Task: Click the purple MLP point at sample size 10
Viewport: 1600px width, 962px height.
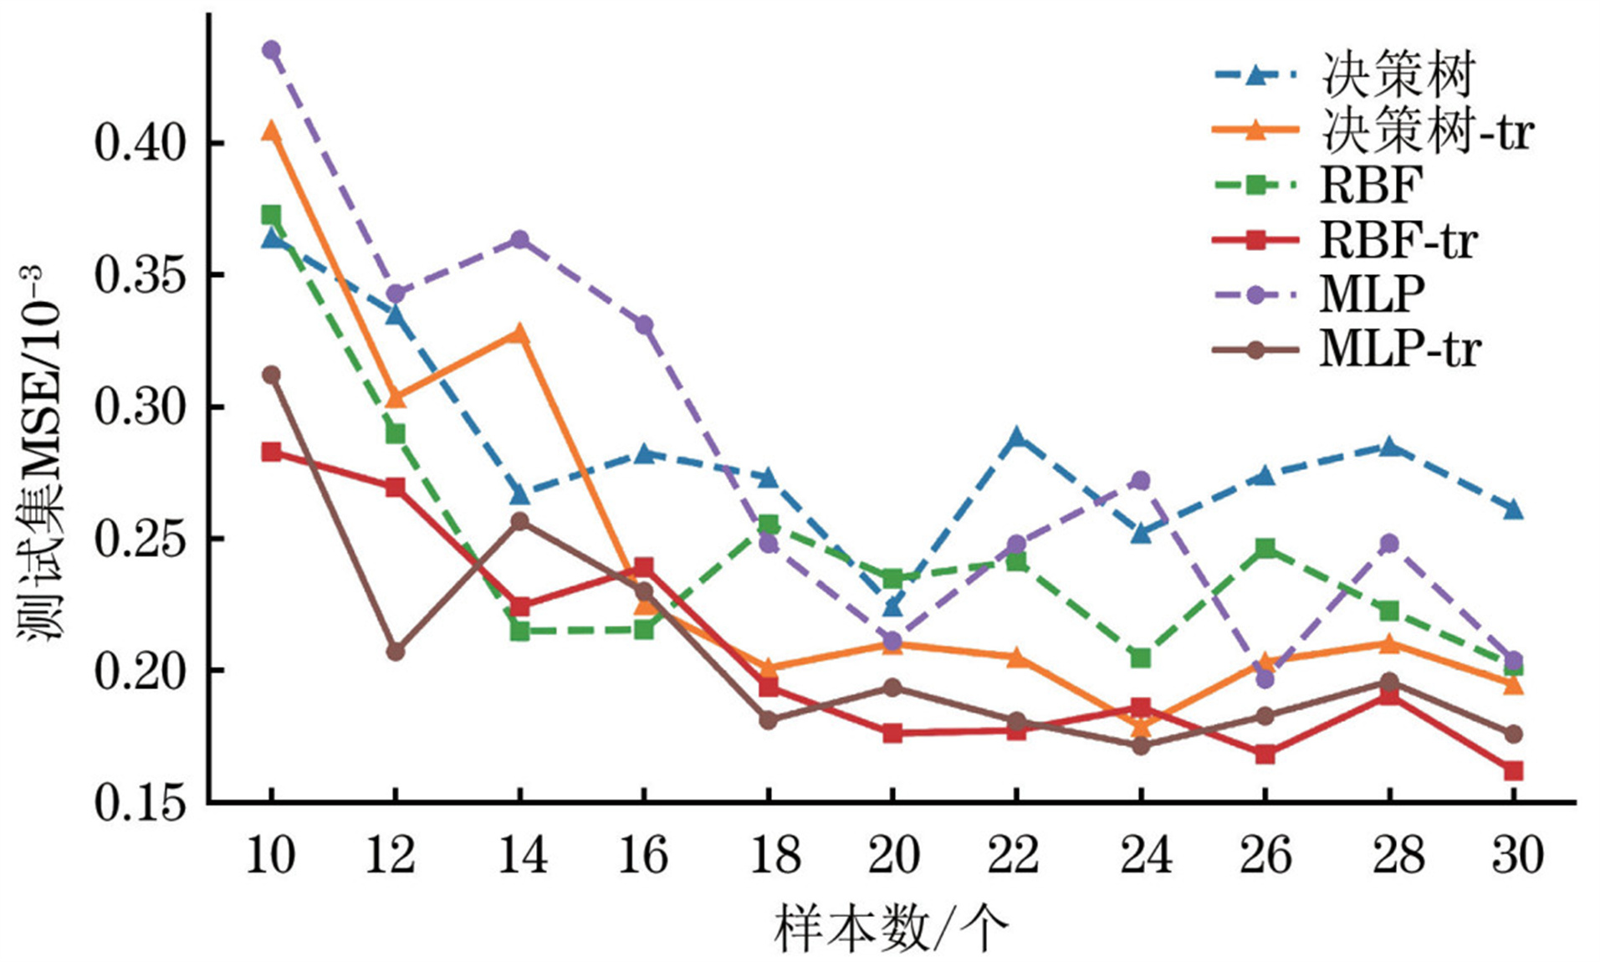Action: click(x=271, y=50)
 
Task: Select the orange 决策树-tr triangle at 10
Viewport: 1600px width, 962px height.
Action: click(x=271, y=131)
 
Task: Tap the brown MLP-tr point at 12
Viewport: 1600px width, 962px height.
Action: click(x=395, y=651)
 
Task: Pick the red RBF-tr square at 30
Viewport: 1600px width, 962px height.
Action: click(x=1513, y=770)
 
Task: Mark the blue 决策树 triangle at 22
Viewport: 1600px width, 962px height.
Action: click(x=1016, y=438)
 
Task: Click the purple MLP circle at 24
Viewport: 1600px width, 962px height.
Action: click(x=1141, y=480)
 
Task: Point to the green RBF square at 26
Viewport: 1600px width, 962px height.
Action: click(x=1265, y=549)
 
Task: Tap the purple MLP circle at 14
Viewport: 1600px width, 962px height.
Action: click(x=519, y=240)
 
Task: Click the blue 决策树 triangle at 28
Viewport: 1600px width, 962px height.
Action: click(x=1389, y=447)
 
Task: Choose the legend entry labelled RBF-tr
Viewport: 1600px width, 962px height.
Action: click(x=1398, y=241)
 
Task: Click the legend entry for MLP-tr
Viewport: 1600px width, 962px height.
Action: click(x=1399, y=349)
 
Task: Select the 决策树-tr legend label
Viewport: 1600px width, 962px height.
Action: click(x=1427, y=131)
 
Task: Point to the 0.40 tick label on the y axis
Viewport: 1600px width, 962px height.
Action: click(x=139, y=144)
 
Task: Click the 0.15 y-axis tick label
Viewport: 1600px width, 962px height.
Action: click(x=139, y=803)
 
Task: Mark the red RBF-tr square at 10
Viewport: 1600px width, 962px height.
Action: click(x=271, y=453)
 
